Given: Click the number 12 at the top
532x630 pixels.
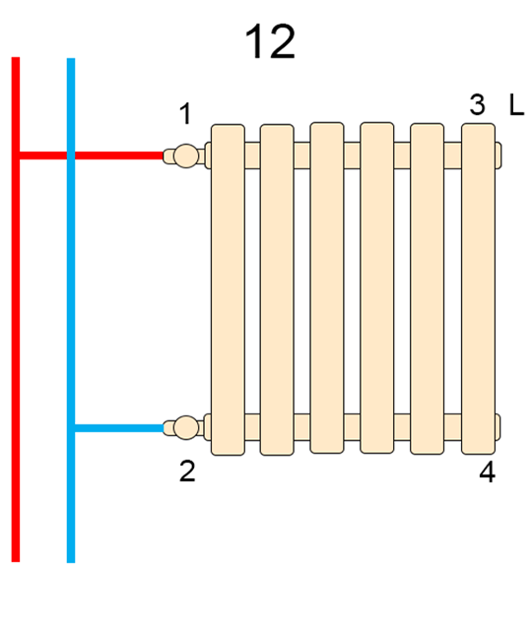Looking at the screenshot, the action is (270, 41).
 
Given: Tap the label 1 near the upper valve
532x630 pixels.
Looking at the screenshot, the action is (185, 113).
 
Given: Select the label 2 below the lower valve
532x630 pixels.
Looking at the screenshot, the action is (187, 471).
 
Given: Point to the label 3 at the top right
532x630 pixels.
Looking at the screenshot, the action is (477, 104).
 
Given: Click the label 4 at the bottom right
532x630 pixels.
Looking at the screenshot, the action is (488, 471).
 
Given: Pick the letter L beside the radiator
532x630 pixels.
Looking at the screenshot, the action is (516, 105).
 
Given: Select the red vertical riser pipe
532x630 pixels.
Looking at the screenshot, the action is (16, 309).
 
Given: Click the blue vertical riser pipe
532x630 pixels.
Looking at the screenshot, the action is (71, 310).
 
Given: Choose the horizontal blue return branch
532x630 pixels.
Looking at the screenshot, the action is (119, 428).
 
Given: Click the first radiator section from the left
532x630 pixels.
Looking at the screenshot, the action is (228, 289).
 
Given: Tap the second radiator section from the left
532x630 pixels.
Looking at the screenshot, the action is (277, 289).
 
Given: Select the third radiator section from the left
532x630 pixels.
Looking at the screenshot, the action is (327, 287).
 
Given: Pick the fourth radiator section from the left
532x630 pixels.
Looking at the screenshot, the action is (376, 287).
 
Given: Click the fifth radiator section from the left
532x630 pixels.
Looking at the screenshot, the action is (427, 288).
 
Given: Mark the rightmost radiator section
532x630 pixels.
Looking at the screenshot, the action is (478, 288).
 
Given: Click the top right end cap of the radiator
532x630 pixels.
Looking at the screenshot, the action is (499, 156).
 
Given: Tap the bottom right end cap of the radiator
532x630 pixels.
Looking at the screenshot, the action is (498, 427).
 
